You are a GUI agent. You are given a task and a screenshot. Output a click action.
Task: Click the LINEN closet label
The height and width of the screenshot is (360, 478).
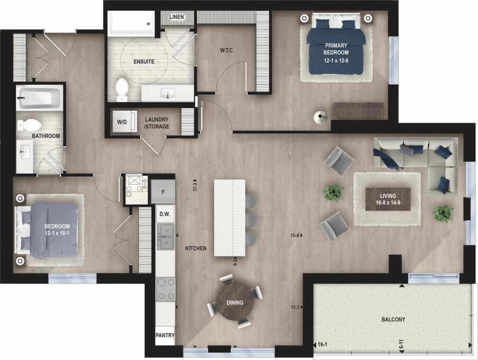pyautogui.click(x=176, y=17)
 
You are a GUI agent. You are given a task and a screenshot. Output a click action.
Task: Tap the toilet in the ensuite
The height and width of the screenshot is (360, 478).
pyautogui.click(x=122, y=90)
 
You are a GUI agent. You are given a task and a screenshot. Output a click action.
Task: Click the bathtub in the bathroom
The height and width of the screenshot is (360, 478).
pyautogui.click(x=40, y=97)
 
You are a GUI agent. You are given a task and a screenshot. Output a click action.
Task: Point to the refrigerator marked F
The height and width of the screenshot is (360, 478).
pyautogui.click(x=163, y=191)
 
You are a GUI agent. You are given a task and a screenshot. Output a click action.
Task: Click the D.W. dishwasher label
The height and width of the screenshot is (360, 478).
pyautogui.click(x=165, y=214)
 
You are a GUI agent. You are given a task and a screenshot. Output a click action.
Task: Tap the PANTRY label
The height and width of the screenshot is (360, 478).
pyautogui.click(x=165, y=335)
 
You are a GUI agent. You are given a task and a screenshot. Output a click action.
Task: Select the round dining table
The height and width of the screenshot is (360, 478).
pyautogui.click(x=235, y=302)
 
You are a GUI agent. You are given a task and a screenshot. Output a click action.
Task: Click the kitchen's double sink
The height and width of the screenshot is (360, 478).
pyautogui.click(x=165, y=236)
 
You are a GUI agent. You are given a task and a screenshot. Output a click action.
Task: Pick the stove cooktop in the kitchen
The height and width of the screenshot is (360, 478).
pyautogui.click(x=166, y=289)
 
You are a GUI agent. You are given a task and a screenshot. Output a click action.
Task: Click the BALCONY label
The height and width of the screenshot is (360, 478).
pyautogui.click(x=393, y=319)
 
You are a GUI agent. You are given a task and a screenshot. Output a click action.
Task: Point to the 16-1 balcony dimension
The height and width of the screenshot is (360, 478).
pyautogui.click(x=322, y=345)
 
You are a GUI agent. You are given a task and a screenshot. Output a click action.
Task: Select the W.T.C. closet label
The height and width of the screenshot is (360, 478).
pyautogui.click(x=227, y=50)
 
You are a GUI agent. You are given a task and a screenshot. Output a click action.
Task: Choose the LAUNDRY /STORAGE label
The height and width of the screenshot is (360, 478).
pyautogui.click(x=157, y=123)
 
